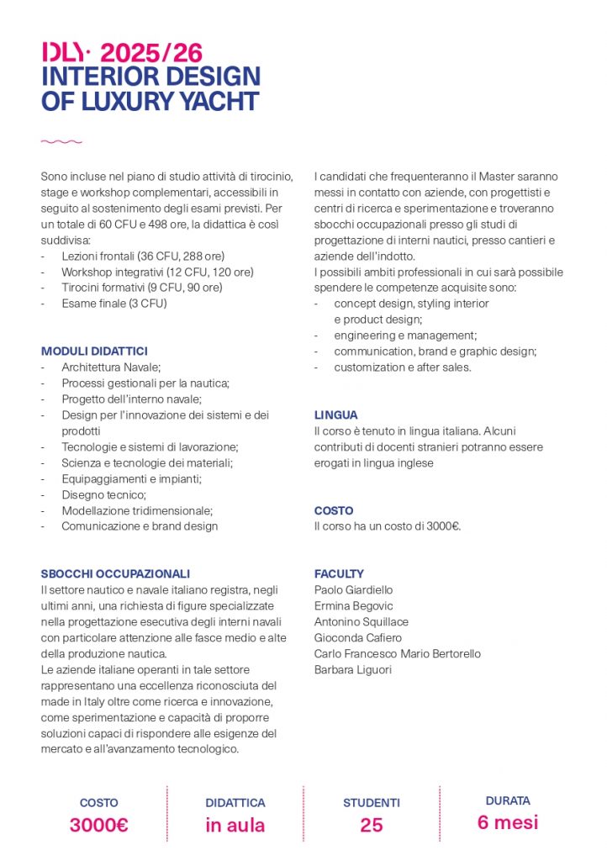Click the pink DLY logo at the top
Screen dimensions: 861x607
point(63,53)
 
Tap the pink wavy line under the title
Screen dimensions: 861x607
point(61,141)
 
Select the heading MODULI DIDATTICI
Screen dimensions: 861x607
point(94,351)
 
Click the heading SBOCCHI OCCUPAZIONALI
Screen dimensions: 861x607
point(115,574)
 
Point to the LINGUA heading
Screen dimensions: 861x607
point(335,415)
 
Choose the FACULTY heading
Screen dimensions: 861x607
point(339,574)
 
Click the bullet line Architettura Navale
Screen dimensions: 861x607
point(110,367)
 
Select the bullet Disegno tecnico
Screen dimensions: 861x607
point(103,494)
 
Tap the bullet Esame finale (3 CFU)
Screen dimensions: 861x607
point(113,304)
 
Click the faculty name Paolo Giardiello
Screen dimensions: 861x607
point(353,590)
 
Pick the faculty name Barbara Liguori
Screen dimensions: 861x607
point(352,670)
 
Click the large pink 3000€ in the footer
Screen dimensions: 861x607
point(98,825)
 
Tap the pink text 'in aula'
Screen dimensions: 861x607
point(235,825)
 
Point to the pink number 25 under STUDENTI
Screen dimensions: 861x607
point(371,825)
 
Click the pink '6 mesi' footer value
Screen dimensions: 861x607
point(507,822)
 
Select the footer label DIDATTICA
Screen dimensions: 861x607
point(235,803)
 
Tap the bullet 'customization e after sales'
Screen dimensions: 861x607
point(402,367)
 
